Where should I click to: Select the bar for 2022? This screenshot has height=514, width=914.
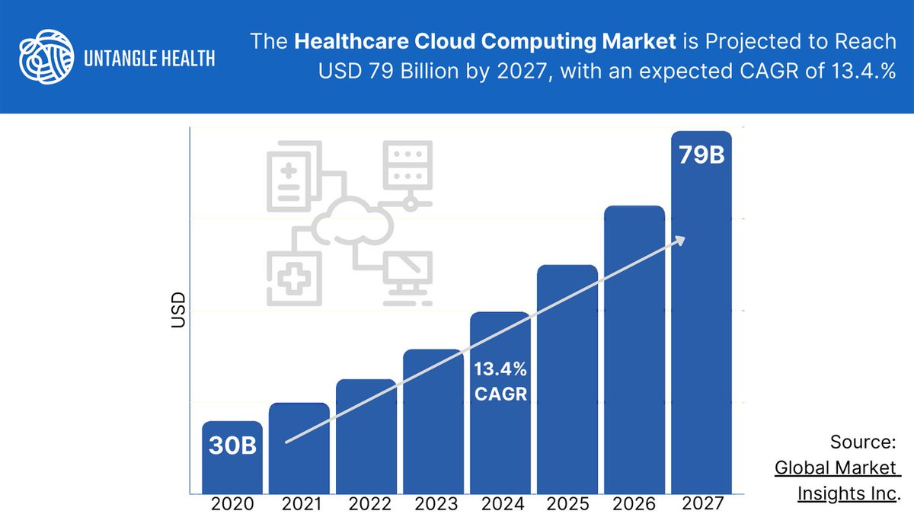[366, 442]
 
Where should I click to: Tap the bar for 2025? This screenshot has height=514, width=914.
[567, 381]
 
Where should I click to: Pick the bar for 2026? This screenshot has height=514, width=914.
[634, 350]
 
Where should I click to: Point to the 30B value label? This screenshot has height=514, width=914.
[232, 445]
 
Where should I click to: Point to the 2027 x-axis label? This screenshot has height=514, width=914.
[701, 503]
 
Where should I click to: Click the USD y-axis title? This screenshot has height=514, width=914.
[178, 310]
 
